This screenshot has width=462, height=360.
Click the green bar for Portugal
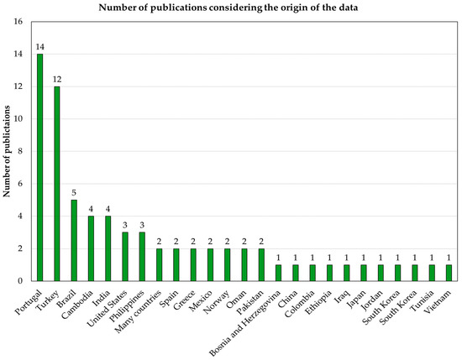(39, 167)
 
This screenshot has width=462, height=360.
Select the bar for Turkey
(57, 184)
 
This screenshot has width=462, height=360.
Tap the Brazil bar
(74, 240)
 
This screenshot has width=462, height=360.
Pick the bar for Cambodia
(91, 248)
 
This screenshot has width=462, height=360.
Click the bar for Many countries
(159, 264)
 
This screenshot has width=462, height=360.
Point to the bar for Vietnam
(449, 273)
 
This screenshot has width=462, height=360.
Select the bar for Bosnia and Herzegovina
(278, 273)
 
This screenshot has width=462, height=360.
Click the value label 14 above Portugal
(39, 47)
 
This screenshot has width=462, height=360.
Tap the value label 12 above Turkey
(57, 80)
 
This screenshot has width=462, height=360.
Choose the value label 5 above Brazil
(74, 193)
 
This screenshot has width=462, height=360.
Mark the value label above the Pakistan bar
(261, 242)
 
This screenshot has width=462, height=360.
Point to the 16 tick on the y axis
(18, 22)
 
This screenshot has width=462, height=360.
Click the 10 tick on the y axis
(18, 119)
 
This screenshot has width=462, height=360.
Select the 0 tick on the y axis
(20, 281)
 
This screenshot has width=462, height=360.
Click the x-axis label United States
(108, 309)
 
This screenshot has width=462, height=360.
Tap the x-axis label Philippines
(127, 306)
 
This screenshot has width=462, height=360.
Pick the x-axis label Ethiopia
(318, 302)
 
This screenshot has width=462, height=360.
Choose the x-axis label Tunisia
(422, 300)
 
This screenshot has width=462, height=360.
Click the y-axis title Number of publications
(7, 151)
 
